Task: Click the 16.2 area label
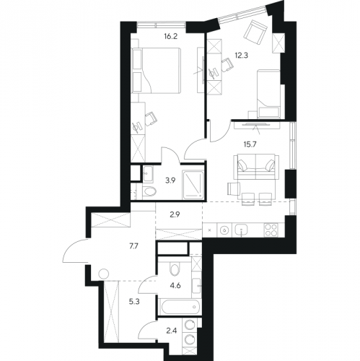pyautogui.click(x=171, y=37)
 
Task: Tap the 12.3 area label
pyautogui.click(x=241, y=56)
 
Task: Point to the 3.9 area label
pyautogui.click(x=170, y=180)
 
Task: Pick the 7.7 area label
pyautogui.click(x=134, y=246)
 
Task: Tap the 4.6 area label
pyautogui.click(x=175, y=286)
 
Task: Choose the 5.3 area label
pyautogui.click(x=134, y=301)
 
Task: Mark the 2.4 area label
pyautogui.click(x=172, y=331)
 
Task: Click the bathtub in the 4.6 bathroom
pyautogui.click(x=180, y=306)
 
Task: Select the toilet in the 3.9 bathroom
pyautogui.click(x=149, y=191)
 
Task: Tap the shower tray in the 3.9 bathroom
pyautogui.click(x=193, y=185)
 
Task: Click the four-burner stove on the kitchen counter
pyautogui.click(x=271, y=230)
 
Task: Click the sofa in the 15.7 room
pyautogui.click(x=256, y=167)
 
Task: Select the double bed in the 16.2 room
pyautogui.click(x=156, y=70)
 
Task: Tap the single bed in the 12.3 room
pyautogui.click(x=268, y=94)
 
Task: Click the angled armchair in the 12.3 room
pyautogui.click(x=255, y=32)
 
